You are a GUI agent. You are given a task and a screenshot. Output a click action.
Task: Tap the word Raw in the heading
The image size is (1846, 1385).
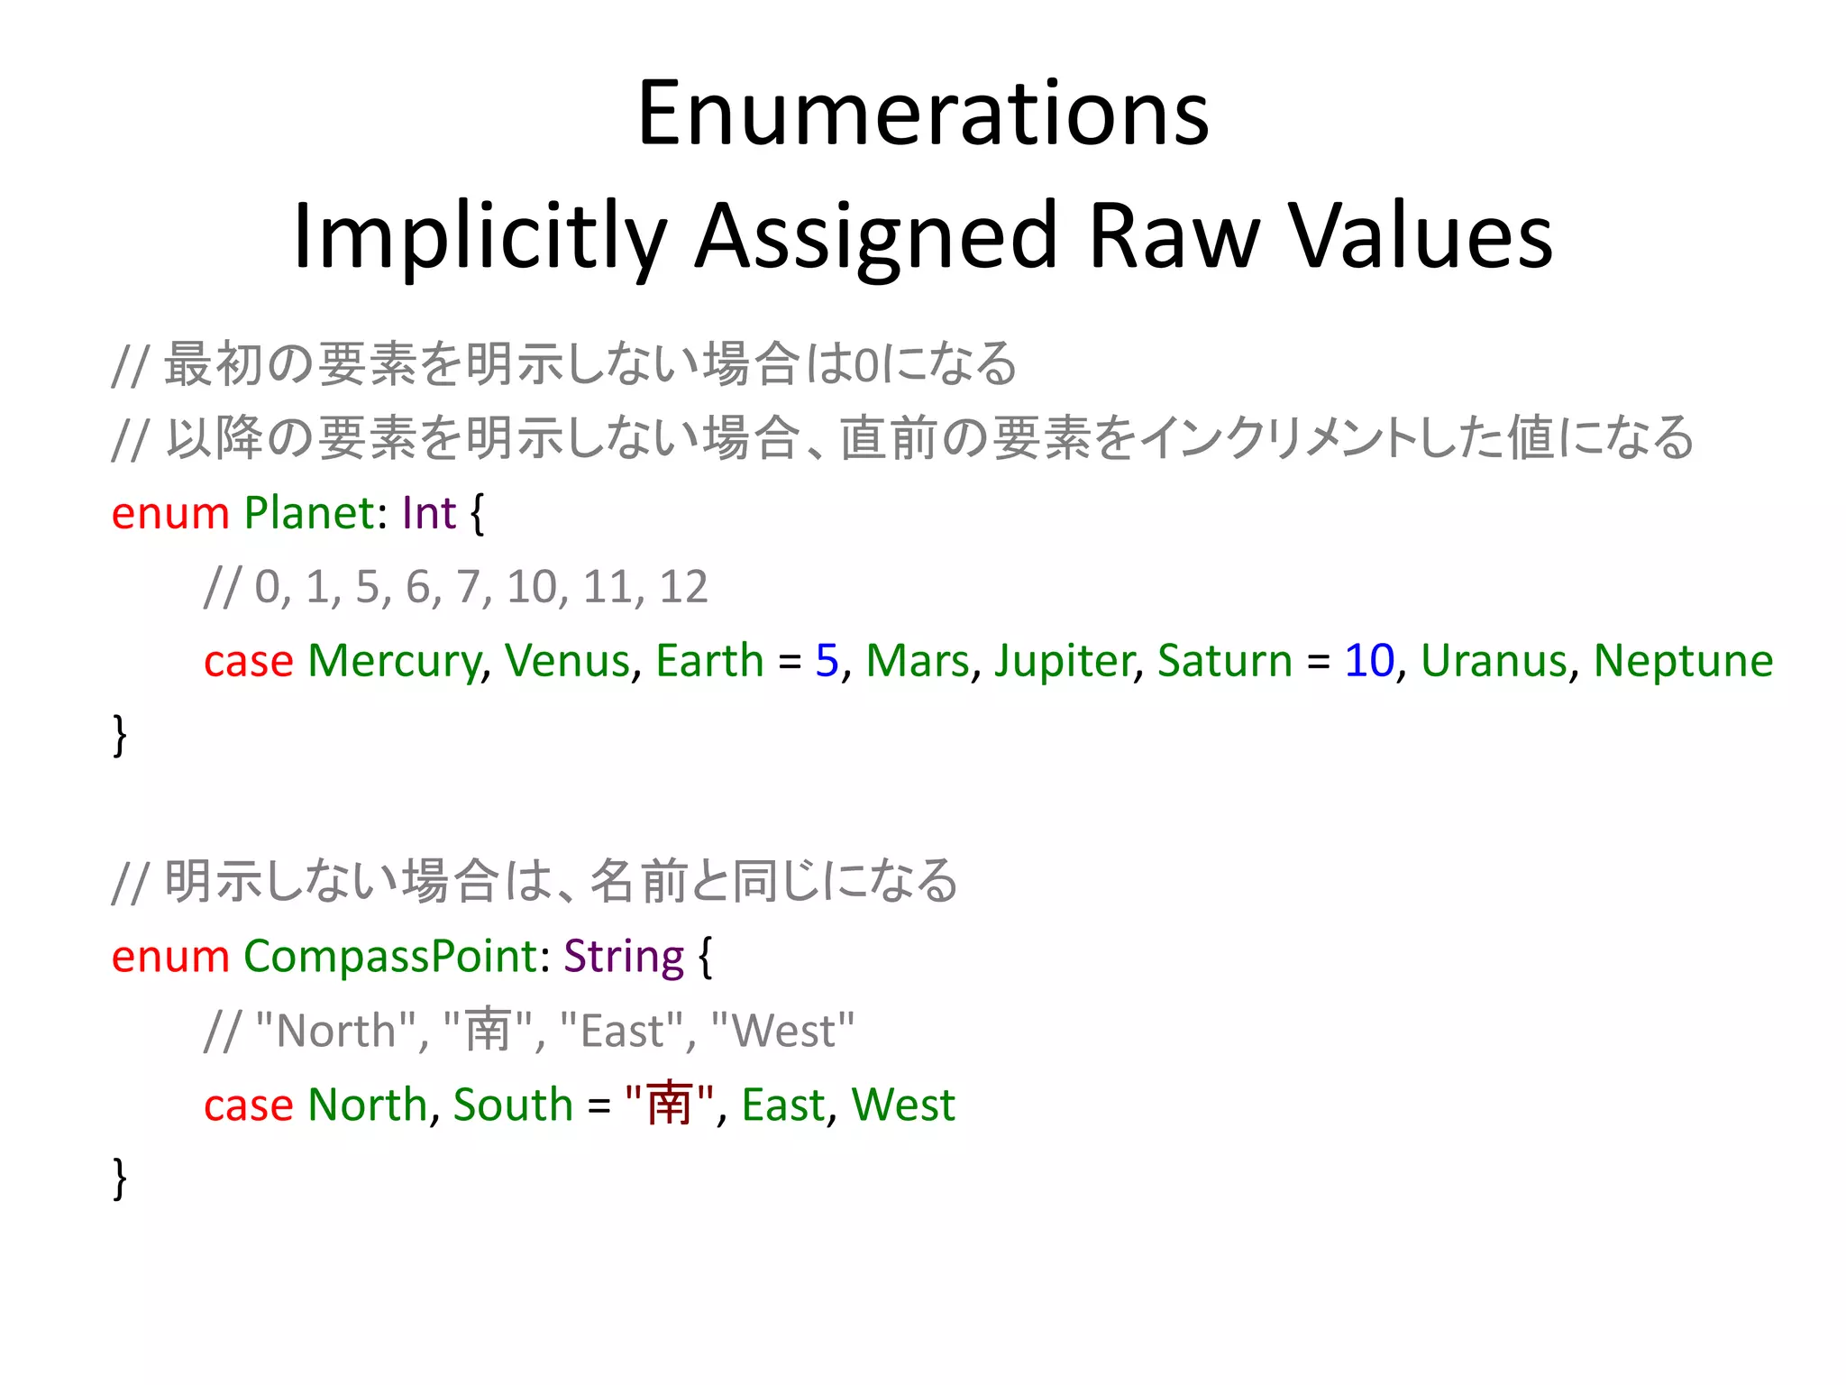(1172, 236)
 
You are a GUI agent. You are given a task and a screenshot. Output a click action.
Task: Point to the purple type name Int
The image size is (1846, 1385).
(429, 513)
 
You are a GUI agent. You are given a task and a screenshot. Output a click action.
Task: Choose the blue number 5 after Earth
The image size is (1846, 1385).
(827, 661)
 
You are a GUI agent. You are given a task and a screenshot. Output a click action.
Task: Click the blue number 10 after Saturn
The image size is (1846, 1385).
(1368, 661)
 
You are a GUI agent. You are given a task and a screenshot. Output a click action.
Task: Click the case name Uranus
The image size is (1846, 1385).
(1494, 661)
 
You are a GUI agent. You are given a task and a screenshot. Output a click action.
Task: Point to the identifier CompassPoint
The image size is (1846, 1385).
(390, 957)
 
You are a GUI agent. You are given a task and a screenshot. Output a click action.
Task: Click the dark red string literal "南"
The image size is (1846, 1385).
(669, 1105)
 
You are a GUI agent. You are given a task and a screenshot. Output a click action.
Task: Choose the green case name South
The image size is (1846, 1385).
(513, 1105)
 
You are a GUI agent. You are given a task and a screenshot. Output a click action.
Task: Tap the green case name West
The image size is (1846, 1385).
(902, 1105)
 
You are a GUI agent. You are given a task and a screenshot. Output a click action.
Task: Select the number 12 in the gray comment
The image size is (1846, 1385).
(683, 587)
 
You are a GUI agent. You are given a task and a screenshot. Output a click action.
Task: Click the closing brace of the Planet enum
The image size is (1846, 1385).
(119, 735)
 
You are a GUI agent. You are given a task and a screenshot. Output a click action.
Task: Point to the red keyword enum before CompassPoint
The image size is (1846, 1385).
(170, 957)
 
